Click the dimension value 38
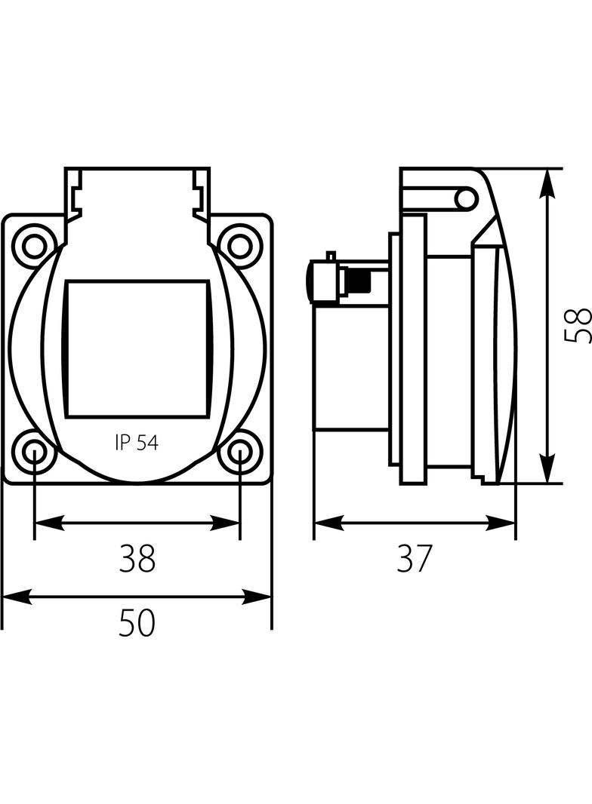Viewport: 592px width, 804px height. coord(137,559)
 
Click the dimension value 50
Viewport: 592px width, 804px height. coord(137,623)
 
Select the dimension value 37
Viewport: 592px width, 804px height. coord(415,559)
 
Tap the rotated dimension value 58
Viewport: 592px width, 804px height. coord(578,326)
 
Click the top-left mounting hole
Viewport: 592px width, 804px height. coord(35,245)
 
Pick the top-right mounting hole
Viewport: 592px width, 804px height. coord(239,245)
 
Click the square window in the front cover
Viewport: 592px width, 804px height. coord(137,348)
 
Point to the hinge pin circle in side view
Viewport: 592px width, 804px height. coord(467,199)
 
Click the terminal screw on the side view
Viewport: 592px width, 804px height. coord(355,281)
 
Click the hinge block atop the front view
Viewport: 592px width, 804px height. coord(137,192)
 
